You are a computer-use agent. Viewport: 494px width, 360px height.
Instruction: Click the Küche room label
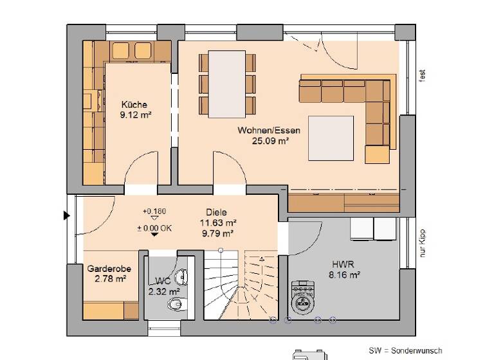[x=135, y=105]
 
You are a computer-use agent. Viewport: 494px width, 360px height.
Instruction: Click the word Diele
[x=217, y=213]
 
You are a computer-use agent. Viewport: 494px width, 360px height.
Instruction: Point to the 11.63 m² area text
[x=217, y=223]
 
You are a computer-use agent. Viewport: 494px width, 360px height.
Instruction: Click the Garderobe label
[x=106, y=269]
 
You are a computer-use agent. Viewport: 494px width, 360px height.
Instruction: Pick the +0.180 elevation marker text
[x=154, y=212]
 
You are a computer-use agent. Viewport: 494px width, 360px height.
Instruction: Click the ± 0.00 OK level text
[x=154, y=227]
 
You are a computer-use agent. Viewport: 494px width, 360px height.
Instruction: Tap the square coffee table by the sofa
[x=331, y=138]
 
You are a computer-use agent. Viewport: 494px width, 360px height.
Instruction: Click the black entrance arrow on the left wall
[x=66, y=216]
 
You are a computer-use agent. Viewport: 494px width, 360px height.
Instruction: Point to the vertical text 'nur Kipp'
[x=423, y=244]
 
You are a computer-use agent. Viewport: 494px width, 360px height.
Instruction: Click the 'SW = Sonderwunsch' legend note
[x=405, y=351]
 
